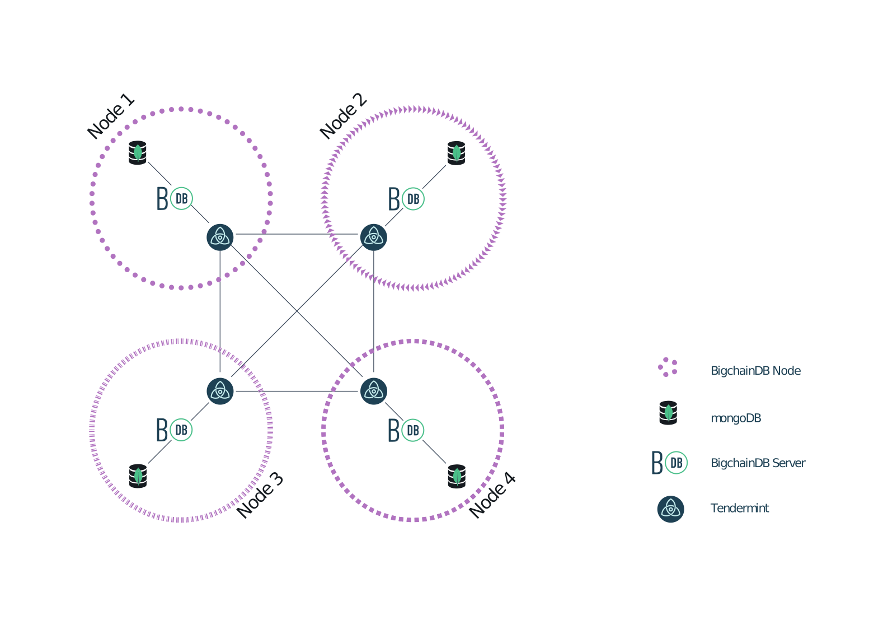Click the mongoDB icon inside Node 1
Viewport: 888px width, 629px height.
click(138, 153)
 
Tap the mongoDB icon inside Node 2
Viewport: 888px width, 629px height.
click(457, 153)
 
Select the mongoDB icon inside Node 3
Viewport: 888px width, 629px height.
click(138, 476)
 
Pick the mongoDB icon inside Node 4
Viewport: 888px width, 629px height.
click(457, 476)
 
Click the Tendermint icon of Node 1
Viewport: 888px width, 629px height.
click(220, 237)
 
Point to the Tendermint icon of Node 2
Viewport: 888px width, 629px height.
click(374, 237)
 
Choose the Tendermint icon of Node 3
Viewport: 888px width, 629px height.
click(220, 391)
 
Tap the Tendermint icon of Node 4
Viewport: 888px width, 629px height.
click(374, 391)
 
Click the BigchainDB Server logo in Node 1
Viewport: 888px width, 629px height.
click(175, 199)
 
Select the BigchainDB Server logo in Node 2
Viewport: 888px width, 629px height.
click(406, 199)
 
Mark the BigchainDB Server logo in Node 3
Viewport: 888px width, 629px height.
click(174, 430)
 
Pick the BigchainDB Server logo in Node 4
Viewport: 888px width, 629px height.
click(406, 430)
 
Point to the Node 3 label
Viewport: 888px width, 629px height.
click(260, 495)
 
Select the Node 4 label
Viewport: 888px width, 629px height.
click(492, 495)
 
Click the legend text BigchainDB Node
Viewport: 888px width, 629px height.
click(755, 371)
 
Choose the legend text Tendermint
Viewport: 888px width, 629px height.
click(739, 508)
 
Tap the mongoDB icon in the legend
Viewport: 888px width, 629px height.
click(668, 413)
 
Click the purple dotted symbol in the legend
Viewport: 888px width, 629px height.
click(668, 367)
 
